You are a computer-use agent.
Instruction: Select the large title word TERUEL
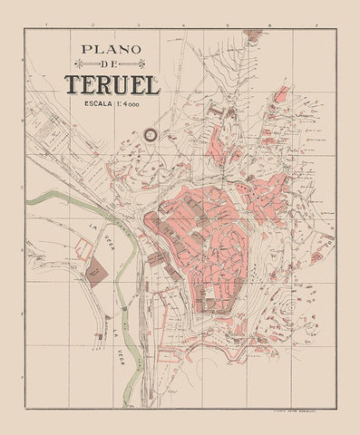112,85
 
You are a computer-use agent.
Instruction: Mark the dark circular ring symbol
149,136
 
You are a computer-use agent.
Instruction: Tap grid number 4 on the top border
180,29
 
